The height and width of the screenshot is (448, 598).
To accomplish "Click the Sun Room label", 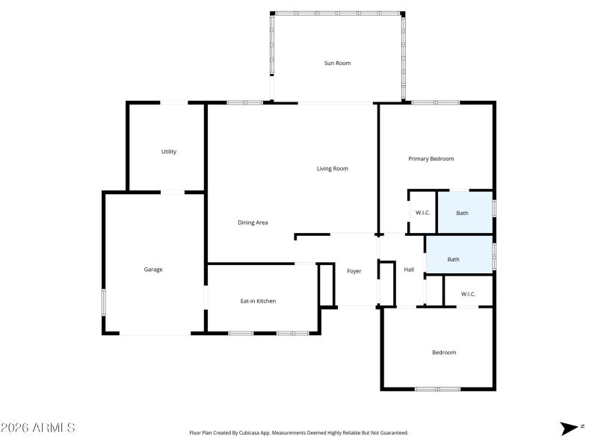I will (x=337, y=63).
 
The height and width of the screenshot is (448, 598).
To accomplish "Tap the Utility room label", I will (x=169, y=152).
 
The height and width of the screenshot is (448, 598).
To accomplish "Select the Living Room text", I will (x=333, y=169).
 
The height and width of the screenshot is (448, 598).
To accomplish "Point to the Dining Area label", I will (x=253, y=223).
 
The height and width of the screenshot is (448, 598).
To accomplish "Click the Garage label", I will (x=153, y=270).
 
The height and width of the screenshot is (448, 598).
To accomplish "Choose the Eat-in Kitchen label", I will (x=258, y=301).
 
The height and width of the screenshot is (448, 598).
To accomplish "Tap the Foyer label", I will (x=354, y=271).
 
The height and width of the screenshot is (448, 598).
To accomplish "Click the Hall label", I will (x=409, y=270).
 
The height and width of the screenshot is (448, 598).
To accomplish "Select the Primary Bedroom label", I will (x=431, y=159).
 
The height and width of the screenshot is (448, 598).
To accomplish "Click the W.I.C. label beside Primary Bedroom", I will (x=422, y=213).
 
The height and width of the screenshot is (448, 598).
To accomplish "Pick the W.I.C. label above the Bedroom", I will (x=468, y=293).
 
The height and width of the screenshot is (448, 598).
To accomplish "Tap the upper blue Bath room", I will (x=463, y=213).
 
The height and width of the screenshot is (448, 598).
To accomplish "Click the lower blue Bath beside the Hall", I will (x=454, y=259).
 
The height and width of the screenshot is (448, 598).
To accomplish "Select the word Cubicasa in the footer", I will (x=261, y=432).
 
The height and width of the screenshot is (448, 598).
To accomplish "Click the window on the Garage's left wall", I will (x=104, y=302).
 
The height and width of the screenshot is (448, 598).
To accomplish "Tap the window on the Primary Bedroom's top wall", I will (x=436, y=102).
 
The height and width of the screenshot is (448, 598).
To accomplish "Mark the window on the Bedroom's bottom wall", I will (x=438, y=388).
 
